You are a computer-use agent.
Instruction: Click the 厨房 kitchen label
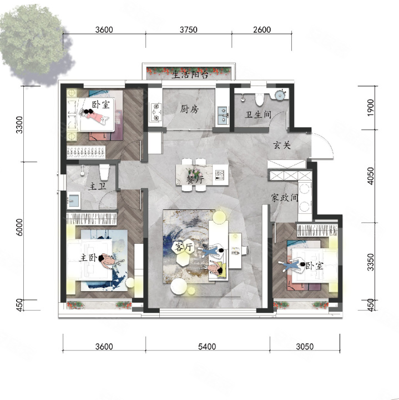[189, 109]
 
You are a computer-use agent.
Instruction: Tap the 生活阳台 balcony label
[190, 74]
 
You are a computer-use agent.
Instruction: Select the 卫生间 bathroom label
[258, 114]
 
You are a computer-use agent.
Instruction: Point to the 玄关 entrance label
[282, 145]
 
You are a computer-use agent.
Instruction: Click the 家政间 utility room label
[284, 197]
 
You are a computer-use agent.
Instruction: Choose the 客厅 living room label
[183, 247]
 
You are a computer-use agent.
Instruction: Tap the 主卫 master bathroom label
[97, 187]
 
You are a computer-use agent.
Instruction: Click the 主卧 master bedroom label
[89, 258]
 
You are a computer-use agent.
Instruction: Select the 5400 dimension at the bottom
[207, 347]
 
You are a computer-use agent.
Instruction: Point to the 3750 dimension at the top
[189, 29]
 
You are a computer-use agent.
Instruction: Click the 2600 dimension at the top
[262, 29]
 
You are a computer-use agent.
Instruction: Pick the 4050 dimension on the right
[371, 176]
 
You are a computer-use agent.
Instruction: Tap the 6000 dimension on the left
[19, 227]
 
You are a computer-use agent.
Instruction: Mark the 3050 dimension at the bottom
[305, 347]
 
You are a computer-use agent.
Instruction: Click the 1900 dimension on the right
[371, 108]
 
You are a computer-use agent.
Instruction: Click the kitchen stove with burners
[156, 112]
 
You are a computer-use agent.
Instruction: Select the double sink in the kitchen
[223, 116]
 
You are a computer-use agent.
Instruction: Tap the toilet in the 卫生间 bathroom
[260, 99]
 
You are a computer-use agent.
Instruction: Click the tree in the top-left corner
[34, 43]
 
